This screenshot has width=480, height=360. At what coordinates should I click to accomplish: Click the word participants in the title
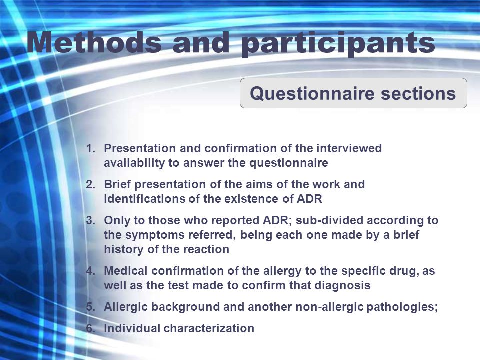coord(338,44)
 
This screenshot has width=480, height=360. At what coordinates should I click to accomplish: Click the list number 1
coord(91,149)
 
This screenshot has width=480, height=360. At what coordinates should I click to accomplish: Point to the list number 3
coord(91,220)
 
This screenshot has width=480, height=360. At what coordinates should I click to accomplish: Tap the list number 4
coord(91,271)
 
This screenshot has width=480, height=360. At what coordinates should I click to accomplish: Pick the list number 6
coord(91,328)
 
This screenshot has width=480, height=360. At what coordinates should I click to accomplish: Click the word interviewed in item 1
coord(349,148)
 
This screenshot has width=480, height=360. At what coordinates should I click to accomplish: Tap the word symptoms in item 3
coord(155,235)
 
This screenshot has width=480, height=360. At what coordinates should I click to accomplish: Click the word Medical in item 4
coord(126,271)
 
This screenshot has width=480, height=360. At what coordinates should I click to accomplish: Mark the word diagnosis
coord(343,286)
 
